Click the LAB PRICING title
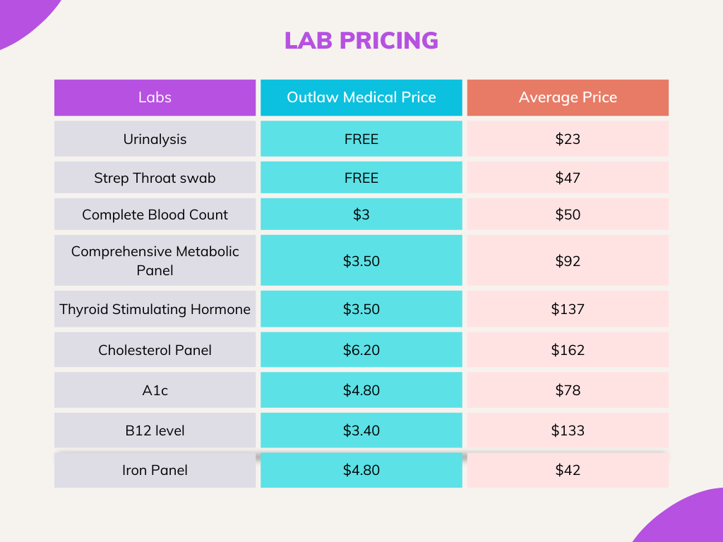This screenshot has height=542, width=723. click(x=361, y=40)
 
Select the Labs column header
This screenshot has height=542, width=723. click(x=155, y=97)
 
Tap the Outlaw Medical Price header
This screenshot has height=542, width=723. click(x=361, y=97)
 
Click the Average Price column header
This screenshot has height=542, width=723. click(x=568, y=97)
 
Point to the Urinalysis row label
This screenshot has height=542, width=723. click(x=155, y=139)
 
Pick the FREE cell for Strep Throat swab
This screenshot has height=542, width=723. click(x=361, y=178)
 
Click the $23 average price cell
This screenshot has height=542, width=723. click(x=568, y=139)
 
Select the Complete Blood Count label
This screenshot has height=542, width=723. click(x=155, y=215)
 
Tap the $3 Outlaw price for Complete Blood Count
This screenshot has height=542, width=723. click(x=361, y=215)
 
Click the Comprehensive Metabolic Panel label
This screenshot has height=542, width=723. click(x=155, y=260)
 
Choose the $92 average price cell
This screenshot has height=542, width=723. click(x=568, y=261)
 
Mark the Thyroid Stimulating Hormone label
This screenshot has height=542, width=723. click(x=155, y=309)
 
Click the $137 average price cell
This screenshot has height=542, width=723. click(x=568, y=309)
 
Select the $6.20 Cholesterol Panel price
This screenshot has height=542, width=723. click(x=361, y=350)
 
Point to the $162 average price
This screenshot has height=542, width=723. click(x=568, y=350)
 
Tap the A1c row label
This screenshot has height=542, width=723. click(x=155, y=390)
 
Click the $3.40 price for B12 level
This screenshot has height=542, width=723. click(x=361, y=430)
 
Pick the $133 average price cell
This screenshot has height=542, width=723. click(x=568, y=430)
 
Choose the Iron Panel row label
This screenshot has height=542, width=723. click(x=155, y=470)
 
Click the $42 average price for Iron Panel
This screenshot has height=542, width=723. click(x=568, y=470)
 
